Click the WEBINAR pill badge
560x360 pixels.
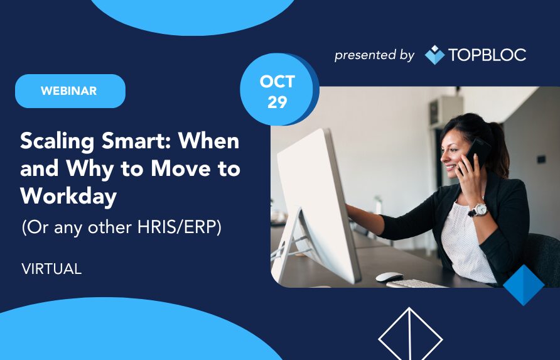70,91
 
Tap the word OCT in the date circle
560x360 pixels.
277,82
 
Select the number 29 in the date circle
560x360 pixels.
277,102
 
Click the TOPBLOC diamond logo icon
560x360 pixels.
434,55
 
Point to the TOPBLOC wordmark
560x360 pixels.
487,55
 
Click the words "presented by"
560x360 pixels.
374,55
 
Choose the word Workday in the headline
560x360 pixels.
68,196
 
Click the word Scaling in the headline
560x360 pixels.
57,141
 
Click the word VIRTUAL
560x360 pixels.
51,269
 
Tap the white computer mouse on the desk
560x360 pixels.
389,276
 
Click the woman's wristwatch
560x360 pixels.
478,210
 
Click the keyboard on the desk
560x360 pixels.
414,284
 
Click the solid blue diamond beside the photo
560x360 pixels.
524,285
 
